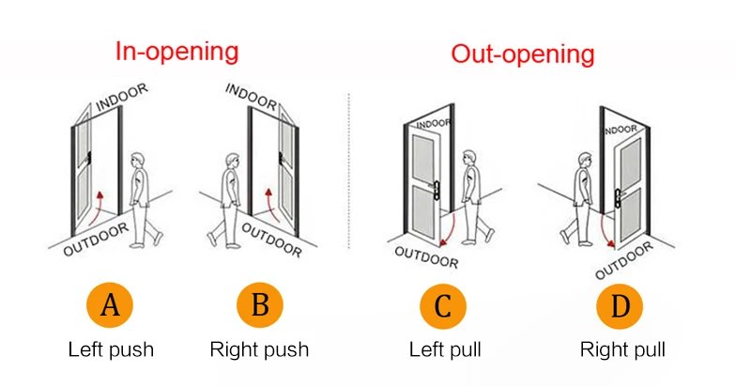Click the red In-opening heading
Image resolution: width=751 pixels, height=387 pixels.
177,51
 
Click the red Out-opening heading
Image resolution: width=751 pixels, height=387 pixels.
522,54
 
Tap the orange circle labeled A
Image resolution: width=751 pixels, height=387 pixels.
111,306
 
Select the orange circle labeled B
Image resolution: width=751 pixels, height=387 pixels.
258,306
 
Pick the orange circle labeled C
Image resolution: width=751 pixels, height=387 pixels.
444,306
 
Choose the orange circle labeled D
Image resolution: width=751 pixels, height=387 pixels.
621,306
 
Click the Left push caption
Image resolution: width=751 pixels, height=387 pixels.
111,350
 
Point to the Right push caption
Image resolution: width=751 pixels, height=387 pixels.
258,350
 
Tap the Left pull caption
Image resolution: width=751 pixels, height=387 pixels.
444,350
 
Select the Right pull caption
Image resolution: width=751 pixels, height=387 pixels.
621,350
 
